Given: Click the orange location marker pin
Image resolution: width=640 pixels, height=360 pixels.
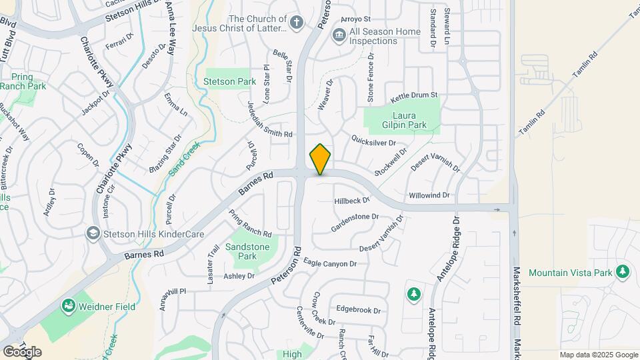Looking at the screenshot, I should (320, 159).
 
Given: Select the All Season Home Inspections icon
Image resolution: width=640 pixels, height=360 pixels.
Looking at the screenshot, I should (339, 34).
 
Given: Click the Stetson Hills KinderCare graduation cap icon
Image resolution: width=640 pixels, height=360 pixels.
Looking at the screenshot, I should (93, 233).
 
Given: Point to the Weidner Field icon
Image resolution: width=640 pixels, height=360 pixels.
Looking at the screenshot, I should (68, 307).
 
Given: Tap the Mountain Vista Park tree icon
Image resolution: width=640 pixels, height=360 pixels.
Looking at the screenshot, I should (623, 272).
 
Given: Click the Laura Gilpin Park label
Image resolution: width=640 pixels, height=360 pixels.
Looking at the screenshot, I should (404, 119).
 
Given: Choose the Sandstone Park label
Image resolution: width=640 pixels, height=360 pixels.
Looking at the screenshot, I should (247, 251).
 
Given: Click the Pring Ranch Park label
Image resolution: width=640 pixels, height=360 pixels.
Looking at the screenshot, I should (23, 81).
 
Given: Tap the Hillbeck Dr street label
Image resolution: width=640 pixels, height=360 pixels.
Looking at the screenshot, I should (352, 200).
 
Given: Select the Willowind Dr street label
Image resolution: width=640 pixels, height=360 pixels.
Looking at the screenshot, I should (429, 196).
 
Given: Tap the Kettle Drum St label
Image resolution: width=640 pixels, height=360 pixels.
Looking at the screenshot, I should (413, 96).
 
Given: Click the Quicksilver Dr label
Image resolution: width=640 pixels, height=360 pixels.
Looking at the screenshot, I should (373, 143).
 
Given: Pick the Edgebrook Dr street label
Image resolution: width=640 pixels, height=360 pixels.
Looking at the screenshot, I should (358, 310).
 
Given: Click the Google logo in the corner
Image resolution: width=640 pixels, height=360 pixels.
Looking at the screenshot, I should (22, 351).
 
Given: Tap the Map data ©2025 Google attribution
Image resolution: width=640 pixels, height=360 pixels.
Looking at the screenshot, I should (598, 355).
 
